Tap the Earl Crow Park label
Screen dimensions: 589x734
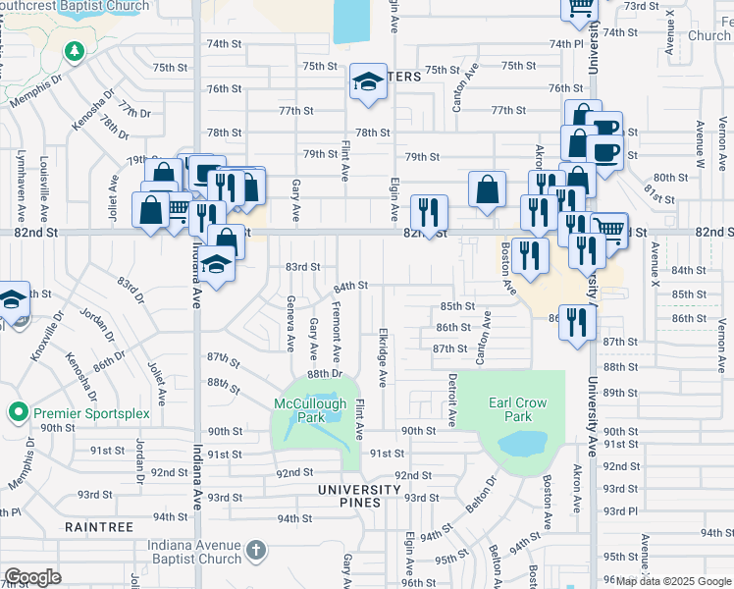click(x=517, y=410)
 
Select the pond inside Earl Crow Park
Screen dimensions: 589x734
click(x=522, y=444)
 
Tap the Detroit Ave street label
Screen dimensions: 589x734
click(x=452, y=399)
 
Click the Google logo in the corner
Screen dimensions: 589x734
click(x=32, y=577)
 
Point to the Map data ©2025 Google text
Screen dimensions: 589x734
click(x=672, y=581)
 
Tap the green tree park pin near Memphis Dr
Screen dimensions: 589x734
click(x=74, y=50)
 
